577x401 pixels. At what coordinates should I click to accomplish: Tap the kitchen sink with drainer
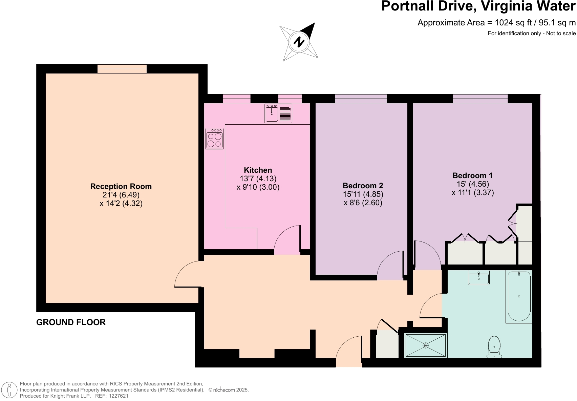[278, 113]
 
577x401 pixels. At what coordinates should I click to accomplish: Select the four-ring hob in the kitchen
[214, 139]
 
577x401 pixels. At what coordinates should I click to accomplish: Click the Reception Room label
[121, 186]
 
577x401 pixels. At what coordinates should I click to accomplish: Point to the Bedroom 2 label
[363, 186]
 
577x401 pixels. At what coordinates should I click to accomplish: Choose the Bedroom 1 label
[472, 175]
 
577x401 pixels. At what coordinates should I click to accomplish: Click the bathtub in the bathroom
[518, 296]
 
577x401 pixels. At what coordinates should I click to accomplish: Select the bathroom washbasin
[478, 278]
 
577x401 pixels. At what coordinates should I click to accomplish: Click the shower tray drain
[426, 345]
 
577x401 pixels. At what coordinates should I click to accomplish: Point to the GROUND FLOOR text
[71, 322]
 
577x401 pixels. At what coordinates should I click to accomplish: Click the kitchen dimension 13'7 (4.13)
[258, 178]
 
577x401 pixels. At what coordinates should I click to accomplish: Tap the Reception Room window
[122, 69]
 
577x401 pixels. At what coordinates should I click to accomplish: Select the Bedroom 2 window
[361, 99]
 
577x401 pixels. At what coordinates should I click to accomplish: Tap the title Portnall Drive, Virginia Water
[478, 7]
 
